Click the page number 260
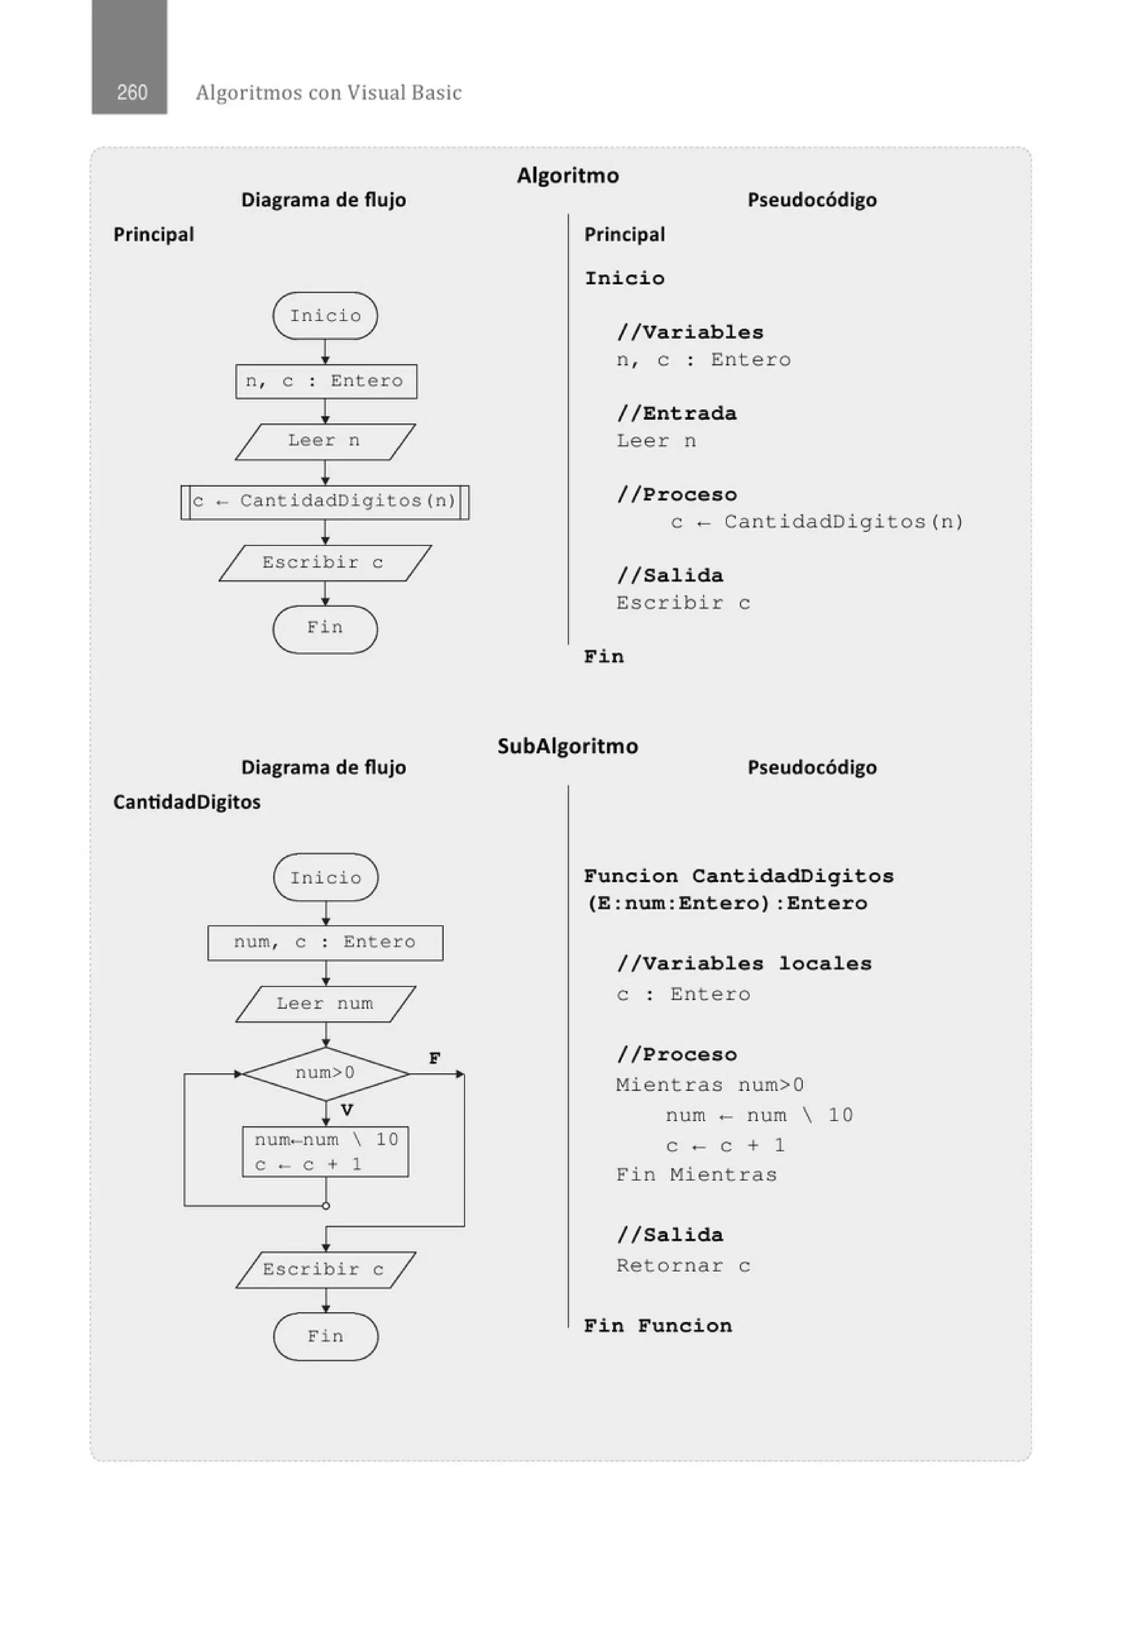[x=132, y=92]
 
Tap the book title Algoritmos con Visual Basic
[x=328, y=93]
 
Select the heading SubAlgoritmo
[x=567, y=746]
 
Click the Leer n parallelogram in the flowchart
[x=325, y=441]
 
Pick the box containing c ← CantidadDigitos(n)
[x=325, y=502]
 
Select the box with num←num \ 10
[x=326, y=1152]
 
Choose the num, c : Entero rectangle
[x=326, y=943]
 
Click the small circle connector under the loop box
[x=326, y=1205]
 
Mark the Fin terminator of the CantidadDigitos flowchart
[x=326, y=1336]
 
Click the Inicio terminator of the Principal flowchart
[x=325, y=316]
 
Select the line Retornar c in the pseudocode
[x=682, y=1266]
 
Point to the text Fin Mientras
[x=696, y=1175]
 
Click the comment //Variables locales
[x=743, y=964]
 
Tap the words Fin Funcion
[x=658, y=1326]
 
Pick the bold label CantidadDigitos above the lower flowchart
[x=187, y=802]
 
